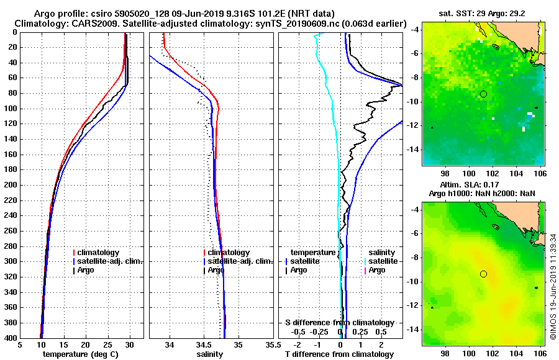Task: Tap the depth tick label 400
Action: pos(11,338)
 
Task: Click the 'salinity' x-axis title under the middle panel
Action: pos(209,354)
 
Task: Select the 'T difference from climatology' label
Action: pos(339,354)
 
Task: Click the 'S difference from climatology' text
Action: pos(339,323)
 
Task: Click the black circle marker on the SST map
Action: pos(483,94)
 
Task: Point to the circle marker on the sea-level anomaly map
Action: pos(483,274)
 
